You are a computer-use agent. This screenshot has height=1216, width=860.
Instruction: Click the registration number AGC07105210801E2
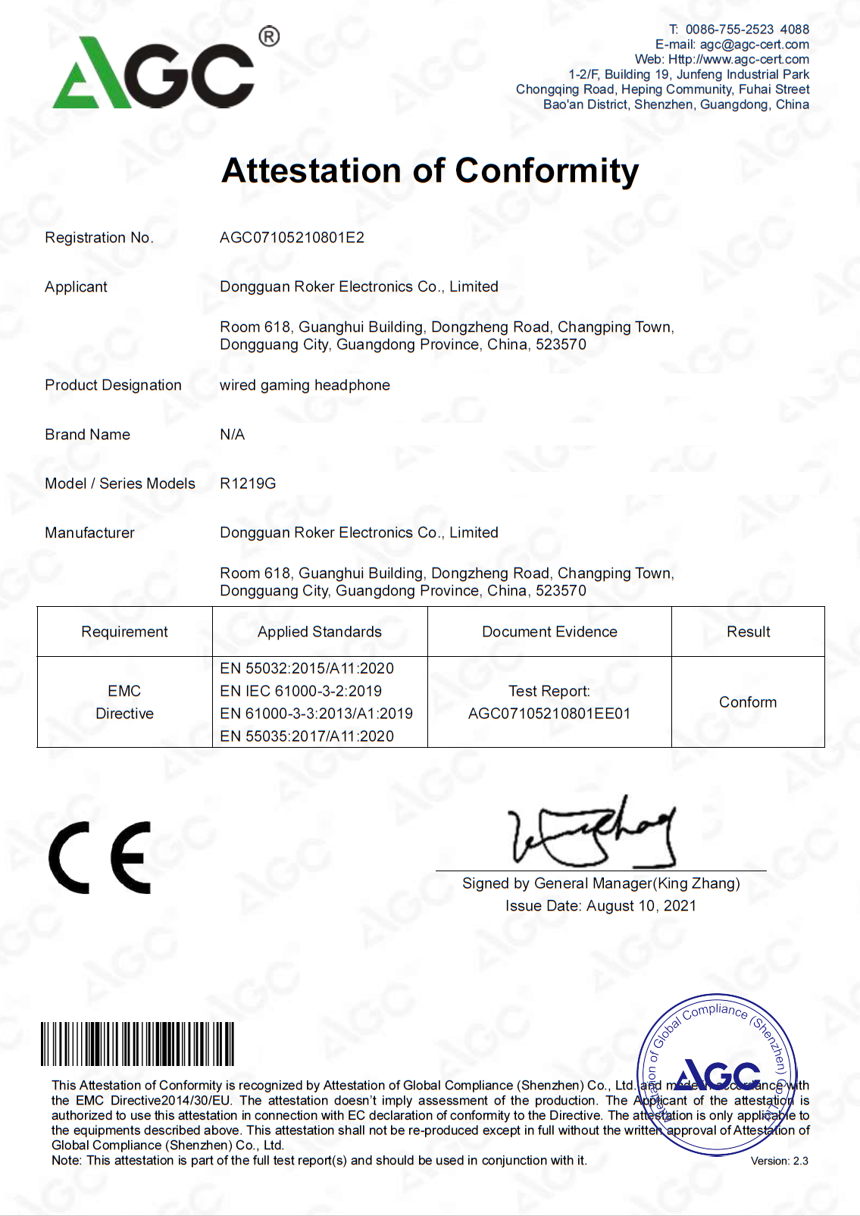pos(292,238)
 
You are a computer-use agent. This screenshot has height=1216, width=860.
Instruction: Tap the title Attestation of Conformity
pos(430,171)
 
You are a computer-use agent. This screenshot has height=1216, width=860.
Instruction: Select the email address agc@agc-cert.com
pos(754,45)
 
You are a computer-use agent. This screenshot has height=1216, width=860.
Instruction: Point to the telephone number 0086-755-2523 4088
pos(746,30)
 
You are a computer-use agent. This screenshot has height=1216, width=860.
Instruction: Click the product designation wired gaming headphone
pos(305,386)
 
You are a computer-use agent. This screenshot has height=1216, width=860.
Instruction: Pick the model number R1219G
pos(248,483)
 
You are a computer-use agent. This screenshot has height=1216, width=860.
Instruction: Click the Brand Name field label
pos(87,435)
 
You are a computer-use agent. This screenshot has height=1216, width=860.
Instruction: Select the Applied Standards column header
pos(319,632)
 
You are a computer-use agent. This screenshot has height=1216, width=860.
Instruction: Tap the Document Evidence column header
pos(549,632)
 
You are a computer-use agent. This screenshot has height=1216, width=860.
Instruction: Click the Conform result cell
pos(748,702)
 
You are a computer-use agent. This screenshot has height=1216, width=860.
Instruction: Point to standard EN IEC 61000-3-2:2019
pos(301,691)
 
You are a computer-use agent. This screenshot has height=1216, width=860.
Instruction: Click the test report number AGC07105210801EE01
pos(549,714)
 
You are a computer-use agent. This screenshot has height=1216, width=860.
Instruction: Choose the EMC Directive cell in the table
pos(124,702)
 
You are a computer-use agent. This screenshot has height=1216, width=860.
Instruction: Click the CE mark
pos(100,858)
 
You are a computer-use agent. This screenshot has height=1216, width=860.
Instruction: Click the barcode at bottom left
pos(137,1044)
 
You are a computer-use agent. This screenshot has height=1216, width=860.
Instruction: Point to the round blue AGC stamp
pos(717,1074)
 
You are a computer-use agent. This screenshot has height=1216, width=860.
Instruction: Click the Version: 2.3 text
pos(779,1161)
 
